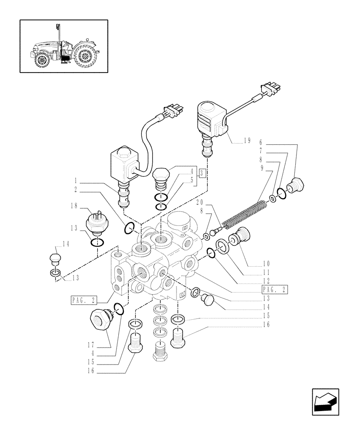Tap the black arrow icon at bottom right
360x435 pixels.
click(x=325, y=402)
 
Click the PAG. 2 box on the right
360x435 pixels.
click(x=275, y=289)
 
